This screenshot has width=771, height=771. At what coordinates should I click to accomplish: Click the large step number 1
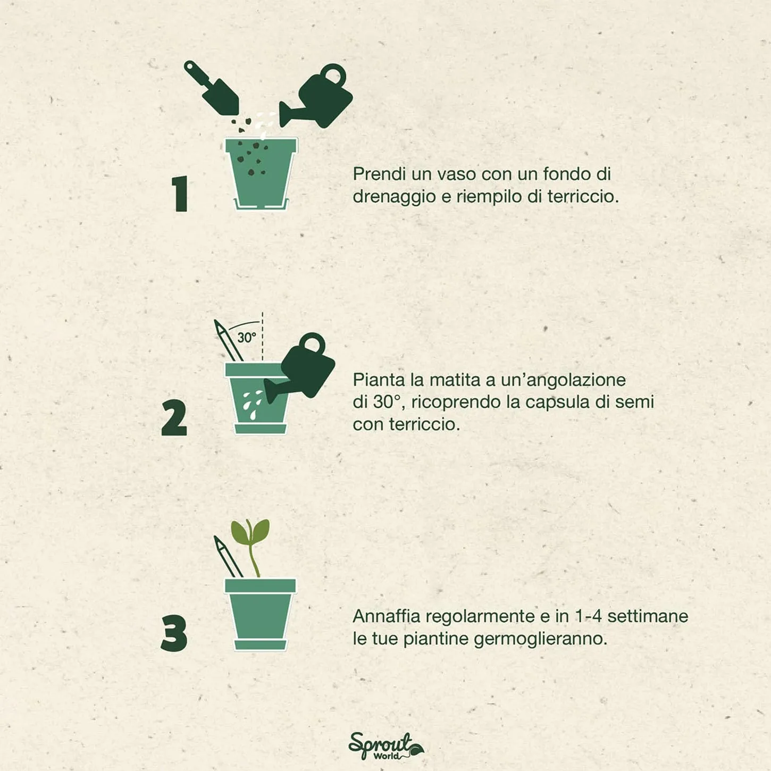(180, 194)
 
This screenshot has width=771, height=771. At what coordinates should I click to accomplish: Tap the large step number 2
(174, 418)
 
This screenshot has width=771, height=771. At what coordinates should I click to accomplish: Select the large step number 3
(174, 633)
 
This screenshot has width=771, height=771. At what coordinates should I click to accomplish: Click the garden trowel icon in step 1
(211, 88)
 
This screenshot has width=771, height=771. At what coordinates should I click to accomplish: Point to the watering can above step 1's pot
(316, 96)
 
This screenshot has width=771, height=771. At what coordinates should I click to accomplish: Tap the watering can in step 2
(300, 368)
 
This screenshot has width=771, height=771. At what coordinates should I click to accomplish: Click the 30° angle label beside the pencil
(247, 337)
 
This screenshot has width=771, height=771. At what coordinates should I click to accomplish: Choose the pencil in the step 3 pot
(229, 557)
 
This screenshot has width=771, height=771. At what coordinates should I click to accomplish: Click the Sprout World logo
(385, 746)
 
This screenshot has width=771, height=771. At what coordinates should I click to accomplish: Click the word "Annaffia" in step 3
(387, 616)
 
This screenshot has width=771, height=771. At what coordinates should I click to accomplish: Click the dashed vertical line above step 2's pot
(263, 336)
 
